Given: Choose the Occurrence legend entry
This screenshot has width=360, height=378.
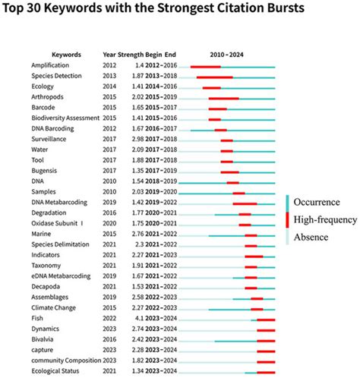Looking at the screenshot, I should [323, 202].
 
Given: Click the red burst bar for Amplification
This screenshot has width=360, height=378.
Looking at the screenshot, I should [205, 67].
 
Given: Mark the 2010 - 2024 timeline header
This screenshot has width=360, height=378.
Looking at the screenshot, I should [228, 55].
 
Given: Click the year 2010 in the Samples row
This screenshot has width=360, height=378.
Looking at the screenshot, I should [109, 193].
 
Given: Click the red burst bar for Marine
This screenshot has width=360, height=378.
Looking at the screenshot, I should [251, 235].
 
